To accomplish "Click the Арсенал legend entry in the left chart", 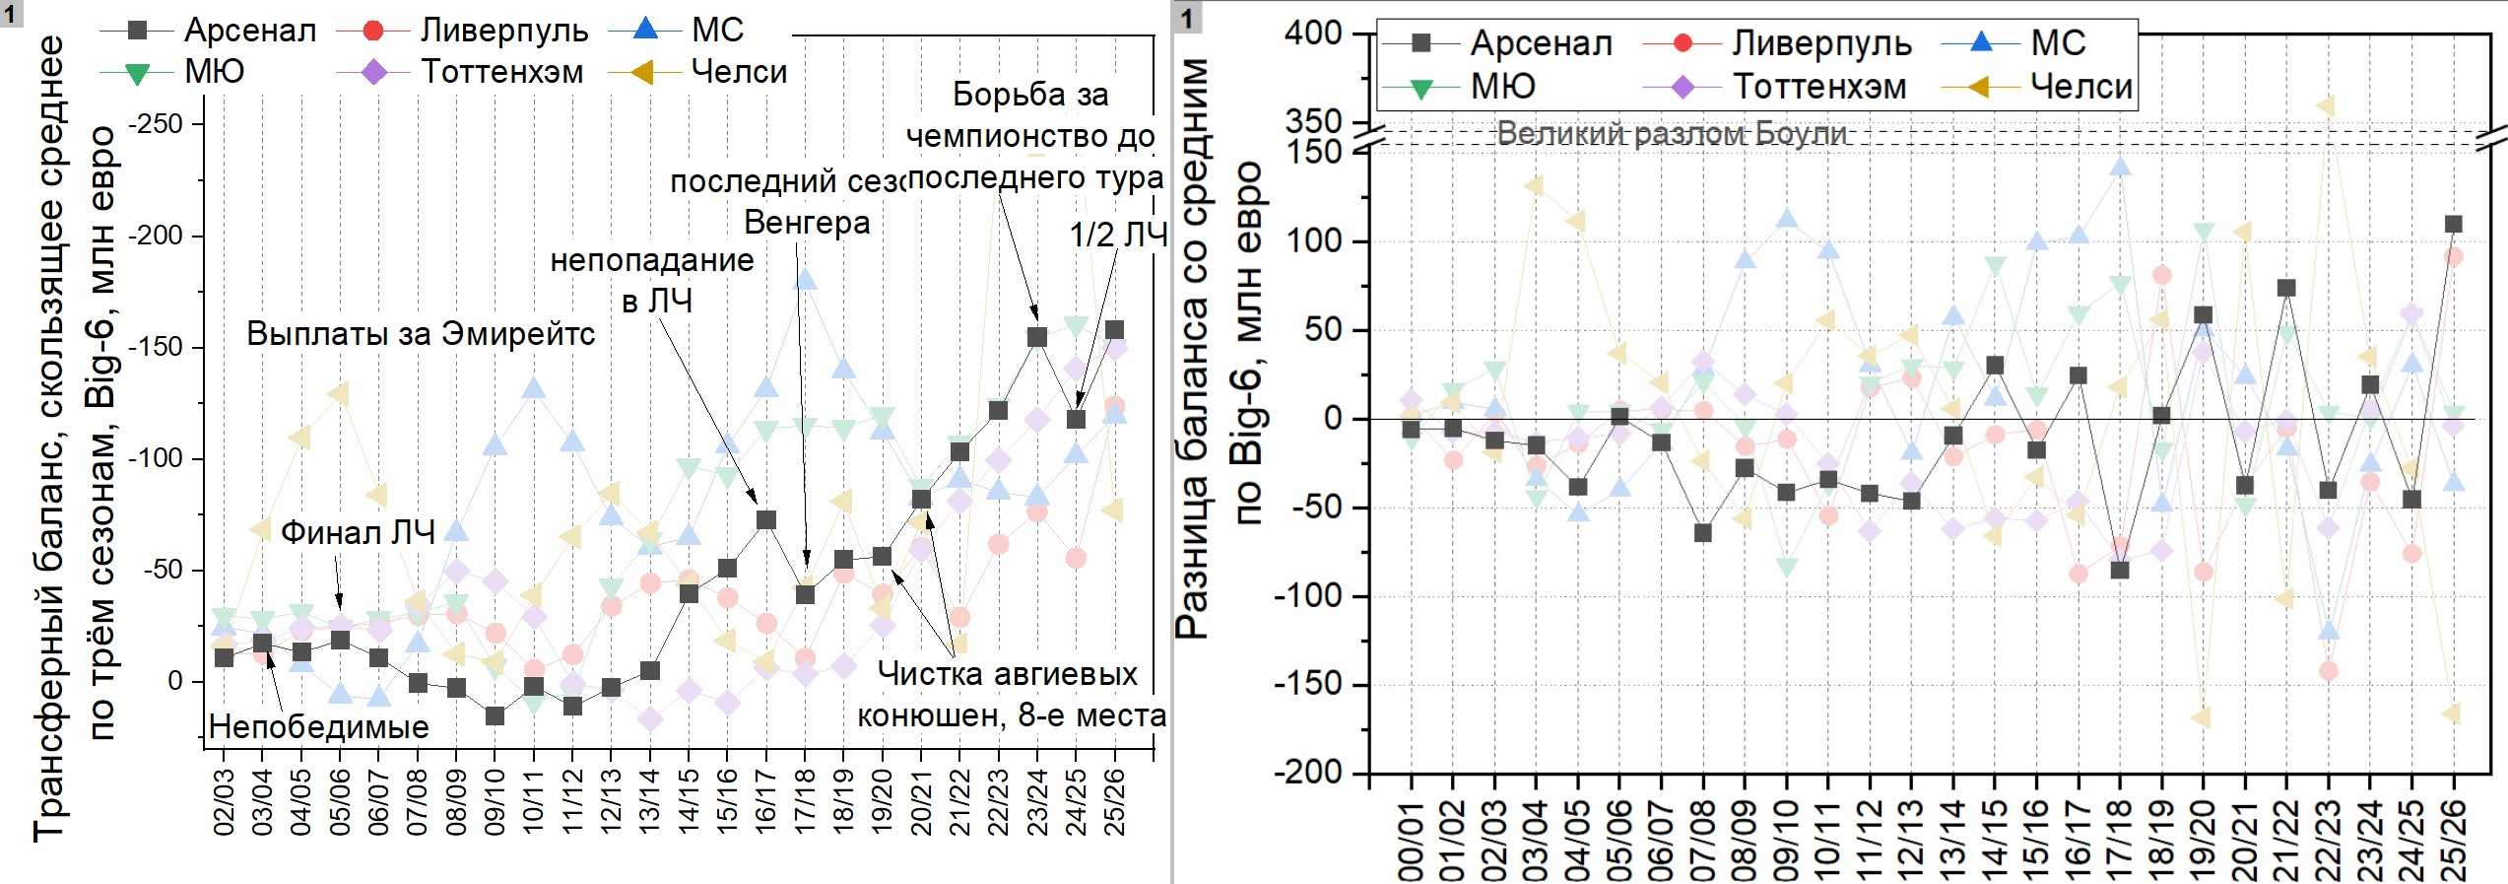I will pyautogui.click(x=249, y=31).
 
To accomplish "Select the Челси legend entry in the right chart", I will pyautogui.click(x=2080, y=87).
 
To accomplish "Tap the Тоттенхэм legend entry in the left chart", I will pyautogui.click(x=501, y=72).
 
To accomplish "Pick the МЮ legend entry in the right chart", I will pyautogui.click(x=1502, y=87).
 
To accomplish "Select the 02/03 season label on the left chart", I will pyautogui.click(x=225, y=803).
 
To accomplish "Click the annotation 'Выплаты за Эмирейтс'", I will pyautogui.click(x=421, y=334).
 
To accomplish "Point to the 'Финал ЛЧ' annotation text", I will pyautogui.click(x=358, y=533).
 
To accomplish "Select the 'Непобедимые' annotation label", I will pyautogui.click(x=319, y=727).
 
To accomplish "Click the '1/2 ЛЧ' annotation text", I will pyautogui.click(x=1118, y=235).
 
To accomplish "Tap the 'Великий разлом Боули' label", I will pyautogui.click(x=1671, y=133).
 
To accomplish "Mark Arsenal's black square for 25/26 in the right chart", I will pyautogui.click(x=2454, y=224).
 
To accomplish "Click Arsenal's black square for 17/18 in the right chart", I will pyautogui.click(x=2120, y=570).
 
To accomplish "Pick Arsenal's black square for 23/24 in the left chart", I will pyautogui.click(x=1037, y=337).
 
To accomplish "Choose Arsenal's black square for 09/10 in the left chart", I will pyautogui.click(x=495, y=715).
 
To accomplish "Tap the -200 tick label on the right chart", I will pyautogui.click(x=1308, y=772).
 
